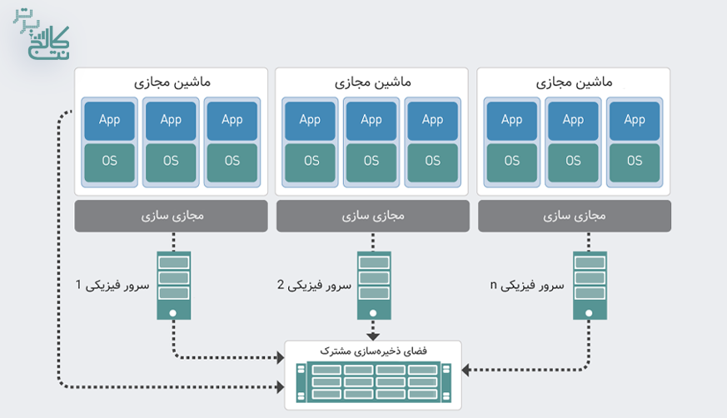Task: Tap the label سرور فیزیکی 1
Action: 112,286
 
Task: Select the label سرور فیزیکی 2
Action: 314,286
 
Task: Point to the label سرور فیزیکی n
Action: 527,286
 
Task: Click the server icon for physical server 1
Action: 173,286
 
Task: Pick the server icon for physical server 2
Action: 372,286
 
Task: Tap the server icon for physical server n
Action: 589,286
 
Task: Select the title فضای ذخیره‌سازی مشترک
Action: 372,351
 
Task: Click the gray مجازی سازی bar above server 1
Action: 173,216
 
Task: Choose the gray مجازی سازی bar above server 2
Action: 372,216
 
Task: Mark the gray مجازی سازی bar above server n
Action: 574,216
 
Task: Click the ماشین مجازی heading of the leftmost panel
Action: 172,83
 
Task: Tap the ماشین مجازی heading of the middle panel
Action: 373,83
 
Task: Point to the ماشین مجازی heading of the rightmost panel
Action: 574,83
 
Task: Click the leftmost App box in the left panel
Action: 109,120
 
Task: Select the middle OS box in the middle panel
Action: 371,161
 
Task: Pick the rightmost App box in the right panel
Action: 635,120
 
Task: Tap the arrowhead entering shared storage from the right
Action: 465,369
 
